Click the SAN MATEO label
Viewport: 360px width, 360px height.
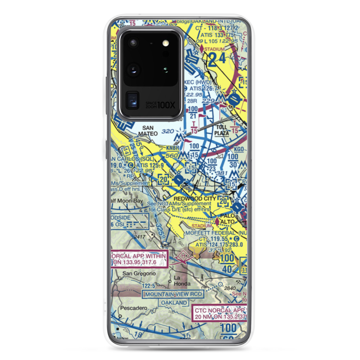coord(150,131)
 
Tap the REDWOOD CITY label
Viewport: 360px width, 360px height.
coord(194,198)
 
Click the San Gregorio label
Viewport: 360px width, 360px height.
coord(139,273)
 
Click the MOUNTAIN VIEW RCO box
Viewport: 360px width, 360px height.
coord(173,294)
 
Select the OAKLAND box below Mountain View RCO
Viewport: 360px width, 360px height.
coord(174,303)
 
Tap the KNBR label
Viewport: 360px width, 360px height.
coord(172,148)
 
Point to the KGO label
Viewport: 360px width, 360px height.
coord(239,149)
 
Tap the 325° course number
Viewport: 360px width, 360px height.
coord(161,230)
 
